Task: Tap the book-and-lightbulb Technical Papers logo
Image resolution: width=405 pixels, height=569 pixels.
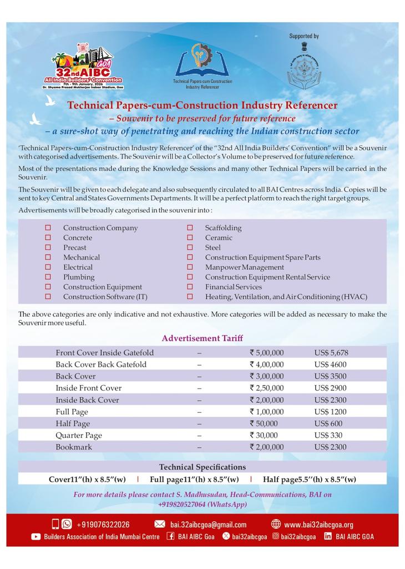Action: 202,65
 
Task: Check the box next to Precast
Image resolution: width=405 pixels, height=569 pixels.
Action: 48,248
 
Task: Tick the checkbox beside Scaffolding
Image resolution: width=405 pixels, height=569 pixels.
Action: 190,228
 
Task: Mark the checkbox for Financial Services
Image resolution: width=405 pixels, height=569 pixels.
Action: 190,287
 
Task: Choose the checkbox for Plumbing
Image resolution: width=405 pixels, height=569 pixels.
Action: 48,277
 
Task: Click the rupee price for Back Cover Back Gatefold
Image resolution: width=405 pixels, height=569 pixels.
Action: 267,365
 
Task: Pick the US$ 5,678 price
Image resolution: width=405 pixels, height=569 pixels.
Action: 331,353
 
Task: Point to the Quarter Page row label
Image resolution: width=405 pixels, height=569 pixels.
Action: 79,435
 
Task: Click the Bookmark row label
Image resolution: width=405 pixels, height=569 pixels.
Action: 74,447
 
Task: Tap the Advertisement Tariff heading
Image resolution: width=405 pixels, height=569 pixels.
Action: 202,338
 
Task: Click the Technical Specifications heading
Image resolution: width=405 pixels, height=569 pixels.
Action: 202,467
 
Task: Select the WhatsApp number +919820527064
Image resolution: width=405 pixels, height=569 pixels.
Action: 202,505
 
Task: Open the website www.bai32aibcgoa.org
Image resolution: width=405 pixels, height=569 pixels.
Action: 318,525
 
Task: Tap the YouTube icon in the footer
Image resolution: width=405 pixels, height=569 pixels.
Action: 36,537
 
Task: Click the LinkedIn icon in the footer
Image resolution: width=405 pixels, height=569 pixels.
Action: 328,536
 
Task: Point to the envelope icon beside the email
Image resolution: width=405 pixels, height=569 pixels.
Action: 160,525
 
